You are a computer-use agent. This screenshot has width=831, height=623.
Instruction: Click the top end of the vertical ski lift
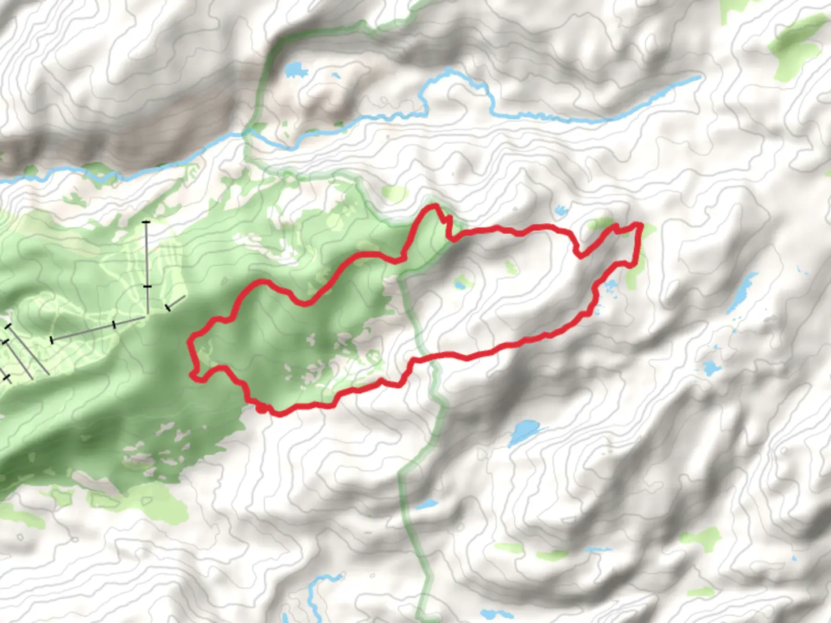pyautogui.click(x=147, y=222)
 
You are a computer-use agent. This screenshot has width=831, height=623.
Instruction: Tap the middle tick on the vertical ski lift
pyautogui.click(x=147, y=286)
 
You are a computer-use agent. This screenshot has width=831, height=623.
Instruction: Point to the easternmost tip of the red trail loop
pyautogui.click(x=641, y=224)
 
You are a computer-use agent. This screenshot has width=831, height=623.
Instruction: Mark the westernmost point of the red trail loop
pyautogui.click(x=189, y=344)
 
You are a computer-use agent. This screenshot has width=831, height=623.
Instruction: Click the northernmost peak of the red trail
pyautogui.click(x=433, y=206)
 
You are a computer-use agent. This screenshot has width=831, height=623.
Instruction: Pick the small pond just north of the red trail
pyautogui.click(x=560, y=210)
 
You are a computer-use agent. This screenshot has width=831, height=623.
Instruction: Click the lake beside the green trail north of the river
pyautogui.click(x=295, y=70)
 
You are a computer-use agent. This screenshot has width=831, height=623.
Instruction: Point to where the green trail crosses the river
pyautogui.click(x=247, y=133)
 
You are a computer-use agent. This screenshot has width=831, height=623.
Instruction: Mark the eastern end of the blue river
pyautogui.click(x=699, y=77)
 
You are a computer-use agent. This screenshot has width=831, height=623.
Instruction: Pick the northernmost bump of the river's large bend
pyautogui.click(x=448, y=70)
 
